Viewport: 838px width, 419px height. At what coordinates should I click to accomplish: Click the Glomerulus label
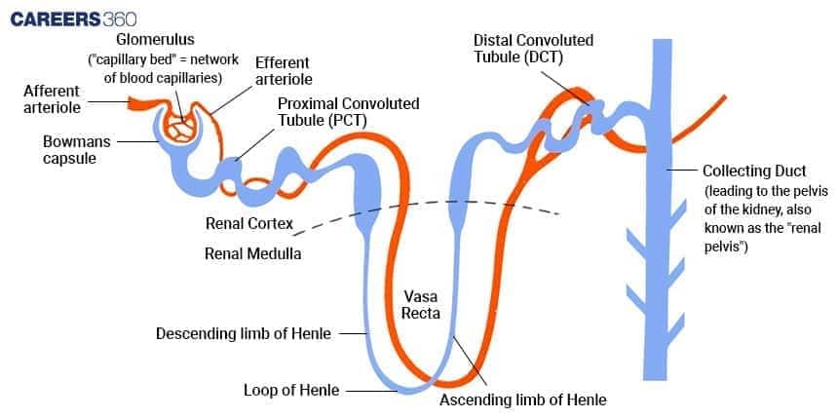pos(155,41)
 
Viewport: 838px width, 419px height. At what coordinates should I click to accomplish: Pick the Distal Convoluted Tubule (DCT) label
pos(533,49)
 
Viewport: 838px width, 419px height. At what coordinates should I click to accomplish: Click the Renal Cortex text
pos(249,223)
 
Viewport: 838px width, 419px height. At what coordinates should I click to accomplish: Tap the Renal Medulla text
pos(252,253)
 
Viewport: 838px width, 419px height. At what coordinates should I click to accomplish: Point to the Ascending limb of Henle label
pos(522,399)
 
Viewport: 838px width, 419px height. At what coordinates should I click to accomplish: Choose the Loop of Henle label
pos(291,391)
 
